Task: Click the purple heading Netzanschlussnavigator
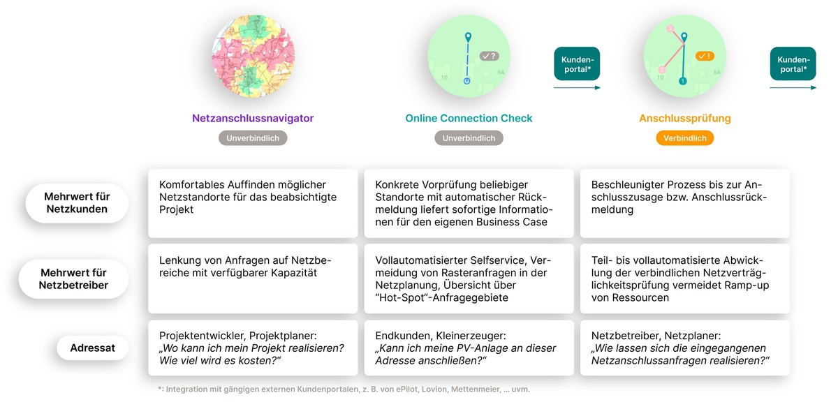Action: coord(253,118)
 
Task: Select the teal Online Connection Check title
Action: coord(469,118)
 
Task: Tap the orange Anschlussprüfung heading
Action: coord(684,119)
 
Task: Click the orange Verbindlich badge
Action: coord(685,138)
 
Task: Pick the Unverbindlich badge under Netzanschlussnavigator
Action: coord(253,138)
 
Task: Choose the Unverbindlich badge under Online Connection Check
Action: coord(469,138)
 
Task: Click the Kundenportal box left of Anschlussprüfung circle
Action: coord(577,64)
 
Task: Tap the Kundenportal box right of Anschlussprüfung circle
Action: coord(793,64)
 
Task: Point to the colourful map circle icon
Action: coord(253,56)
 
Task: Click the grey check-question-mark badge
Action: coord(489,56)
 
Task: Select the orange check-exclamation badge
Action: coord(705,56)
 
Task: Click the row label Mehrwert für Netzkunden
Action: coord(77,203)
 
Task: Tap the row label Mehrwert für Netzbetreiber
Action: coord(74,278)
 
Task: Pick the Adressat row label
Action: coord(92,348)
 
